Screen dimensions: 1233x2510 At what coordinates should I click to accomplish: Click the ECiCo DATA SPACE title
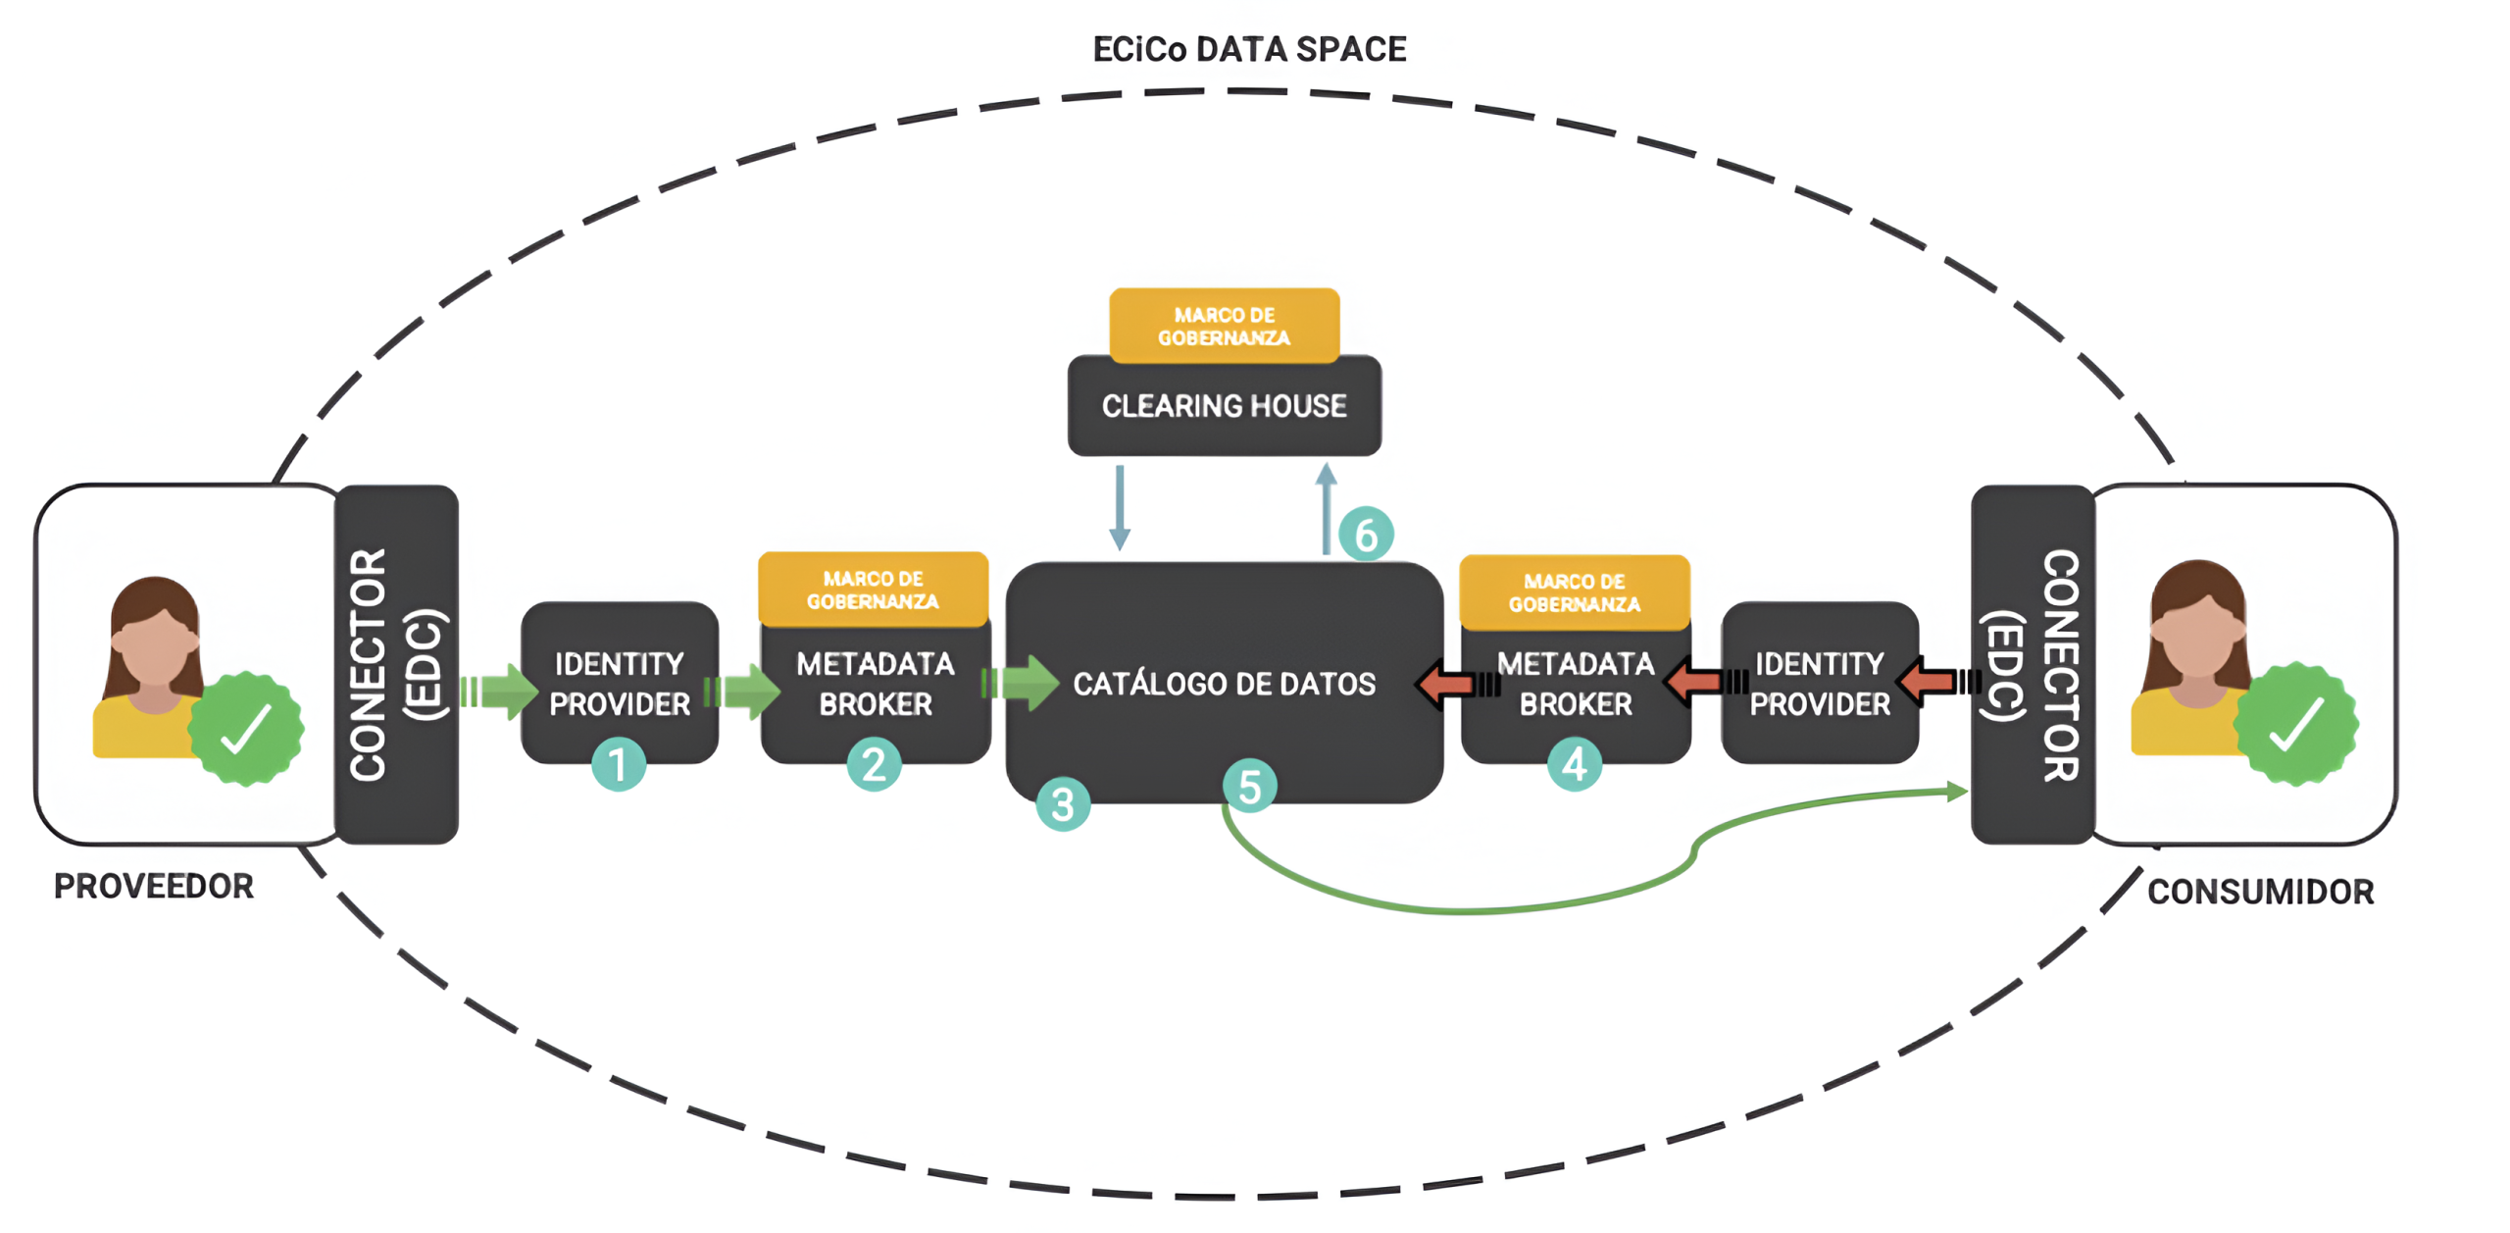point(1248,49)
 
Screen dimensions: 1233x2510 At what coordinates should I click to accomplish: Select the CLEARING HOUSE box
point(1224,406)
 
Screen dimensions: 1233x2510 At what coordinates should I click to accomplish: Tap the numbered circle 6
point(1365,535)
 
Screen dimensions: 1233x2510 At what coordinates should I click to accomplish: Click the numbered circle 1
point(618,764)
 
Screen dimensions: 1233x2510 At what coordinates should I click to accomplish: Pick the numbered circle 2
point(873,764)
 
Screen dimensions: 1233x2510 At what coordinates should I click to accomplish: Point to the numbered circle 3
point(1062,804)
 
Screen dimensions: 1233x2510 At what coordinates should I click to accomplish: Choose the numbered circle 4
point(1574,764)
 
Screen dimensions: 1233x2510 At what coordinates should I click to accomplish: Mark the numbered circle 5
point(1249,786)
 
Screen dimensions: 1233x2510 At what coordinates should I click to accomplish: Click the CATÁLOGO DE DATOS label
point(1224,684)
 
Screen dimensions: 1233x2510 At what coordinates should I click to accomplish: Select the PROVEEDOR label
point(153,886)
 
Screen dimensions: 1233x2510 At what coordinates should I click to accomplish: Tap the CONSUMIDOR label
point(2260,892)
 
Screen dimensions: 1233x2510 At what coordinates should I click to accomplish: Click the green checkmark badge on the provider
point(245,728)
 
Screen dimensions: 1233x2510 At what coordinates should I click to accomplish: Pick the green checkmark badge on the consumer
point(2294,724)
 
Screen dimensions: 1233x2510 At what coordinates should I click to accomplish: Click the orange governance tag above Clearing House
point(1224,326)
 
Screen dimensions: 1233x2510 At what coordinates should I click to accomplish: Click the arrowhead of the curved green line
point(1956,792)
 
